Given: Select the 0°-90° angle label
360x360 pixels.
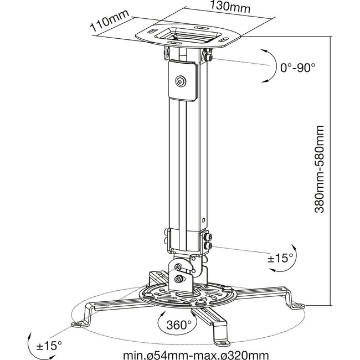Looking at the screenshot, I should tap(297, 68).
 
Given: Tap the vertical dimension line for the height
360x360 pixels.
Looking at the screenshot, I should tap(331, 172).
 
